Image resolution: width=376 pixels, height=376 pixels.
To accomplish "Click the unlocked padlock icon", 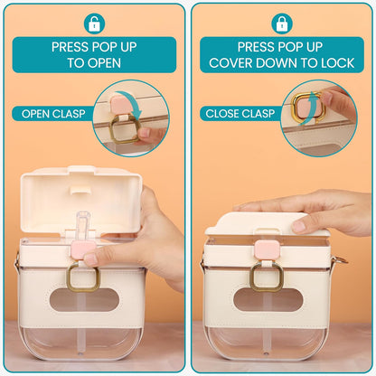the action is (x=94, y=23).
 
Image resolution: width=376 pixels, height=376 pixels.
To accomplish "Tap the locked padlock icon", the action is (x=282, y=23).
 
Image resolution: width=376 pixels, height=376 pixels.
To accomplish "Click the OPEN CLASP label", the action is (x=53, y=114).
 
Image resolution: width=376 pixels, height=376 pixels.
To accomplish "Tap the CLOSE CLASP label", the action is (x=240, y=114).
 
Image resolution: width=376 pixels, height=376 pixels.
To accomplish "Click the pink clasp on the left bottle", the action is (x=83, y=249).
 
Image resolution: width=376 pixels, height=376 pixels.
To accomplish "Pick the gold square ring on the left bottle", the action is (x=69, y=278).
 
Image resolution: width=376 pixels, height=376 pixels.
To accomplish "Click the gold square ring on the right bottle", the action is (x=252, y=278).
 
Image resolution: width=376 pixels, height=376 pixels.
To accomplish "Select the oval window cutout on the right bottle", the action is (x=268, y=300).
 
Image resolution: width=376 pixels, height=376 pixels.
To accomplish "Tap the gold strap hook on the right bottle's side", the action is (x=343, y=261).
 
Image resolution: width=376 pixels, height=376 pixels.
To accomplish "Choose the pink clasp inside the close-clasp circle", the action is (x=306, y=107).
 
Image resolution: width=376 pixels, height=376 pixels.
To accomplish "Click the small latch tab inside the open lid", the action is (x=80, y=190).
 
